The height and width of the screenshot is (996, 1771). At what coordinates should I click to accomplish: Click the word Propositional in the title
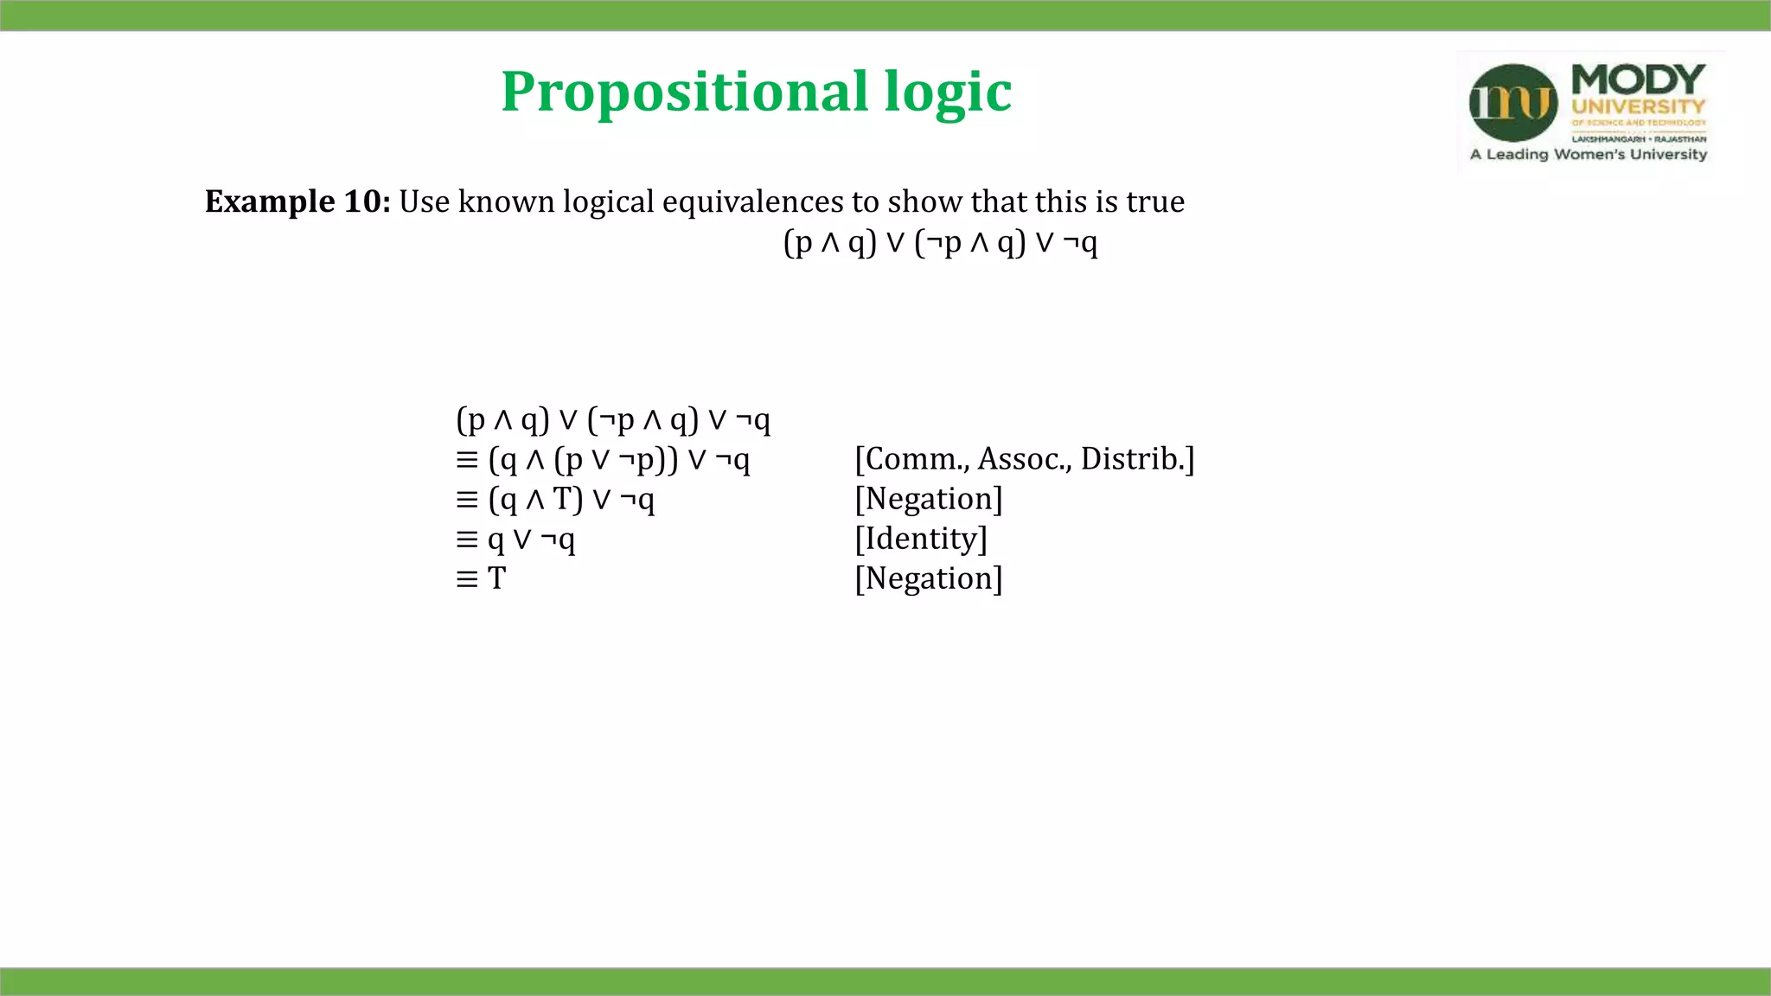(684, 92)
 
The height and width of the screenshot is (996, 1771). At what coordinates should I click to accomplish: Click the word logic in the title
(948, 92)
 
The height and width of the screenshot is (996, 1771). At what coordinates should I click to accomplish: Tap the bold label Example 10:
(297, 201)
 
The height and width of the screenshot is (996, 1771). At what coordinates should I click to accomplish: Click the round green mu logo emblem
(1513, 103)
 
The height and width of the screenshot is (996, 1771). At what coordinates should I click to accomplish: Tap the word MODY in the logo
(1638, 80)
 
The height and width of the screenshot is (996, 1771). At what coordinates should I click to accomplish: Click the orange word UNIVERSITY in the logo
(1638, 107)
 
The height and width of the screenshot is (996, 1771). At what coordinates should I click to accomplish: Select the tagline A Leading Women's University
(1589, 155)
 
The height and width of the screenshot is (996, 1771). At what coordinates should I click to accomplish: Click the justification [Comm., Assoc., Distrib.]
(1025, 459)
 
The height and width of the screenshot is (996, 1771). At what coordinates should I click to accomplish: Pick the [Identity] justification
(921, 539)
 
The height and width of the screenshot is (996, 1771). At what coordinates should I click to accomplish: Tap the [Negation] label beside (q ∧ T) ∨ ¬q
(929, 499)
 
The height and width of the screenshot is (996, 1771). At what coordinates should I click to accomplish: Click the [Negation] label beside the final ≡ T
(929, 578)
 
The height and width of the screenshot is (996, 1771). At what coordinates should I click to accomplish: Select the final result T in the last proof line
(496, 578)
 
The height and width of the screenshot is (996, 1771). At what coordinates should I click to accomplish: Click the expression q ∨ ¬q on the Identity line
(531, 539)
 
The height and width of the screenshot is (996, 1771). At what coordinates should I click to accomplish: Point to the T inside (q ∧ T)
(563, 499)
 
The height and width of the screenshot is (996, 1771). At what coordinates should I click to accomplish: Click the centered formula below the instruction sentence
(940, 243)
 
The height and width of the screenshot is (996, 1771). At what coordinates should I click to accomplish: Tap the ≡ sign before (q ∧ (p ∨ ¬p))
(467, 460)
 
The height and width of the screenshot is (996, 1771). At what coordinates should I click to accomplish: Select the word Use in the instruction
(425, 201)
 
